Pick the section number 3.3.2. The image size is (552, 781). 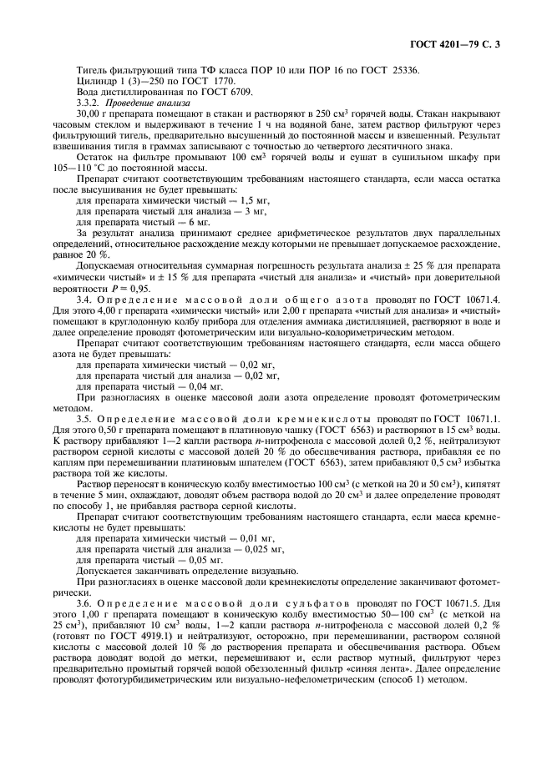point(89,102)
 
